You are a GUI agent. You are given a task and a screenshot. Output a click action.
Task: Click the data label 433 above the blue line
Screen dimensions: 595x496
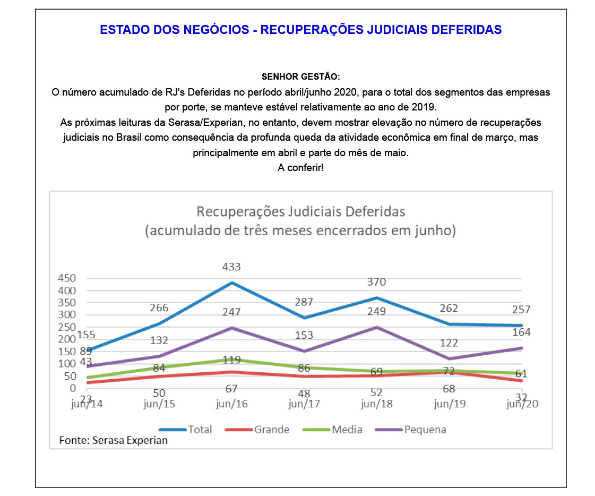(231, 267)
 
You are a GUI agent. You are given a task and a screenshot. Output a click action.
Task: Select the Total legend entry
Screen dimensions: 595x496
(186, 430)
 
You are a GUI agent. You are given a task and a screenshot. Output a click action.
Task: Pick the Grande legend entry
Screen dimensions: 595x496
(257, 430)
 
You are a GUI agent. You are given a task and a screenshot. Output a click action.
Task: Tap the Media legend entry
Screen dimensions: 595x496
(332, 430)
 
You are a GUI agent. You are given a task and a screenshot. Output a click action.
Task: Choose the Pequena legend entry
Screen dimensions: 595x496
(411, 430)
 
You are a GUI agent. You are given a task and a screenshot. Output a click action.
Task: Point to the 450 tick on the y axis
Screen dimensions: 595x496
(67, 278)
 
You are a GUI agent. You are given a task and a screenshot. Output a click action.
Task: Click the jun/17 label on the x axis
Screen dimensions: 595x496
(304, 404)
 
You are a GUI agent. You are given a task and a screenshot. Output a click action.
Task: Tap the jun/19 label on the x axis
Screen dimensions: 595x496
(450, 404)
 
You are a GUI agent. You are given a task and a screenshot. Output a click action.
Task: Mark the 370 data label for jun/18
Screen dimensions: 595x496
(376, 282)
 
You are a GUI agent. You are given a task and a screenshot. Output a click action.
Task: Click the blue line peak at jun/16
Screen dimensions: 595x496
(231, 283)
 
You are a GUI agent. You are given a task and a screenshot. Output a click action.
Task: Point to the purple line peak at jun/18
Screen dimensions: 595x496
(376, 327)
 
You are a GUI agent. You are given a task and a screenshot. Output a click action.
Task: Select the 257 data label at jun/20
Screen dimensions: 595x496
(521, 310)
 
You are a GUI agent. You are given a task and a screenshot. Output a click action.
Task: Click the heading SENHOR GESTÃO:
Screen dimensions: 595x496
(301, 76)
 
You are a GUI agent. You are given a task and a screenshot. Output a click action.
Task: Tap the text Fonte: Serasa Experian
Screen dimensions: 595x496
(113, 440)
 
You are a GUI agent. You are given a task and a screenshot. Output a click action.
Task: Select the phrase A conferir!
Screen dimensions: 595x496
(301, 167)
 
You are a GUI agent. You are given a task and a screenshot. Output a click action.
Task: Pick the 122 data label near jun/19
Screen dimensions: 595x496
(449, 343)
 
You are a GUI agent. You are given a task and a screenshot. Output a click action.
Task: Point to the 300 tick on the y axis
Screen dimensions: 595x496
(67, 314)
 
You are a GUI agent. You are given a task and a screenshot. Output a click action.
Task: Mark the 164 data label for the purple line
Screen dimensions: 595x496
(521, 332)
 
